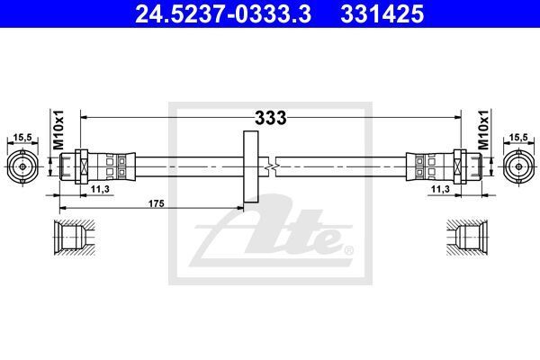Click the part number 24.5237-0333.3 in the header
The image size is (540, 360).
click(223, 14)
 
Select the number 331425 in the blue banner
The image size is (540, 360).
click(382, 14)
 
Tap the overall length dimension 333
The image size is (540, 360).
click(271, 118)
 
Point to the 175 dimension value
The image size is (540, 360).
click(157, 203)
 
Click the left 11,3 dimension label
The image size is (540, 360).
click(100, 189)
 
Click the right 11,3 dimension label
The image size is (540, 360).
click(440, 189)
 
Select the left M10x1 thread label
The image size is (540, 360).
click(58, 130)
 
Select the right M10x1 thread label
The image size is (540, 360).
click(483, 130)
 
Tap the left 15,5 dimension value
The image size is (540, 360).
click(22, 138)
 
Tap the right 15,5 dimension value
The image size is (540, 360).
click(518, 138)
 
